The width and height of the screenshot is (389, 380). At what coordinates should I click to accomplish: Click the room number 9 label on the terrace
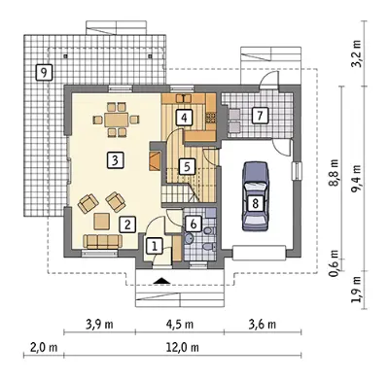tap(44, 72)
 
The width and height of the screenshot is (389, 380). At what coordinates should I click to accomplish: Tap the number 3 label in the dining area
tap(115, 160)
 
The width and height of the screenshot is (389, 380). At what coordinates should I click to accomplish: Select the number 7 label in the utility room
tap(260, 116)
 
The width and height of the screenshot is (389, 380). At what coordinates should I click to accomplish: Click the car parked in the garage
tap(256, 196)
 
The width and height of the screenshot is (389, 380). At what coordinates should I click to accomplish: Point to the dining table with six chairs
tap(116, 121)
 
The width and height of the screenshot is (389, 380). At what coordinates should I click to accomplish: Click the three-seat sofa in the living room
tap(102, 241)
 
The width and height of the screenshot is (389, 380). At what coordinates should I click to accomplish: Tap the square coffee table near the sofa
tap(102, 221)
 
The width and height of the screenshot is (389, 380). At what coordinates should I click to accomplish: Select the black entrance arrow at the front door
tap(161, 281)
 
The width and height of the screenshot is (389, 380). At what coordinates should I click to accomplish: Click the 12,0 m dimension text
tap(183, 347)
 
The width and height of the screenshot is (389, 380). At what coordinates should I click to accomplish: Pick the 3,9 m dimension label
tap(99, 324)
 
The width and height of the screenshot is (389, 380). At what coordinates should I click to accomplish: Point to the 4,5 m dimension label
tap(180, 324)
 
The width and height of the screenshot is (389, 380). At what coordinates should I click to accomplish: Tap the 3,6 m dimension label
tap(263, 324)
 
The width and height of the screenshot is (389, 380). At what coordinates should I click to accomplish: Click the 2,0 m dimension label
tap(44, 347)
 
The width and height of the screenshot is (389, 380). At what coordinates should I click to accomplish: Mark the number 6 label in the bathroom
tap(194, 224)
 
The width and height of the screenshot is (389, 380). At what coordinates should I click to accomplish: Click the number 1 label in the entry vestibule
tap(155, 246)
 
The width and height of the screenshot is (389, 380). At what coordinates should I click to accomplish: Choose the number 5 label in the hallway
tap(187, 166)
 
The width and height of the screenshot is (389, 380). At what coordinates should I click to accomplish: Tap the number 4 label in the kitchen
tap(184, 118)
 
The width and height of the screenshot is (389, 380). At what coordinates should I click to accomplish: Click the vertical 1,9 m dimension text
tap(358, 290)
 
